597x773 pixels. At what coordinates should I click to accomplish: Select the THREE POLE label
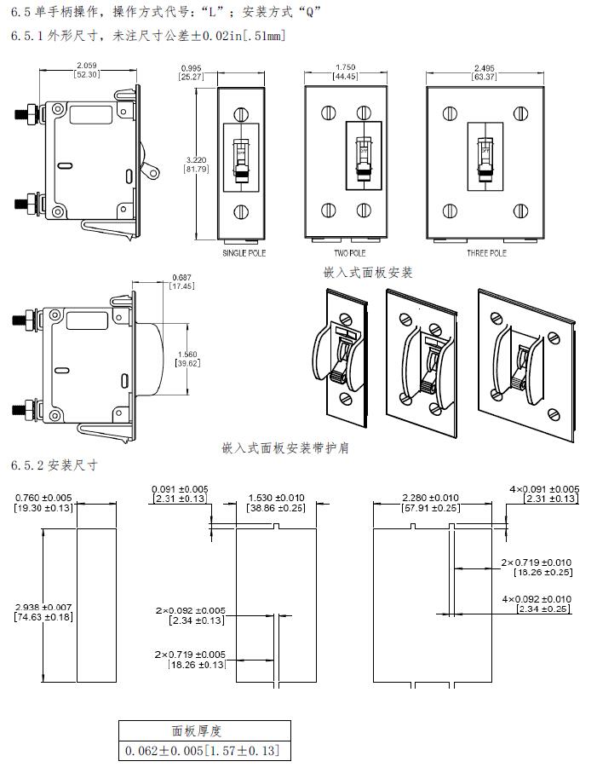coord(486,254)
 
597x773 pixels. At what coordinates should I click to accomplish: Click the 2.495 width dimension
coord(485,66)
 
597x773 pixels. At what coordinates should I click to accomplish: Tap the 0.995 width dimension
coord(190,66)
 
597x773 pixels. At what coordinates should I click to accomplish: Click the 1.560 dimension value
coord(187,355)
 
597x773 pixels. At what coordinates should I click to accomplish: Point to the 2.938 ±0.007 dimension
coord(43,607)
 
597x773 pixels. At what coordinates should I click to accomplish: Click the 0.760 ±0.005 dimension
coord(43,497)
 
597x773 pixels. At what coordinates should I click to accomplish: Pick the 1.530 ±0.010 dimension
coord(276,497)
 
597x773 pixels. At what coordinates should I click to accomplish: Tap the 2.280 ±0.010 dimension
coord(430,497)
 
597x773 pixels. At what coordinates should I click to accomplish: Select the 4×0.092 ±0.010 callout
coord(537,598)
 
